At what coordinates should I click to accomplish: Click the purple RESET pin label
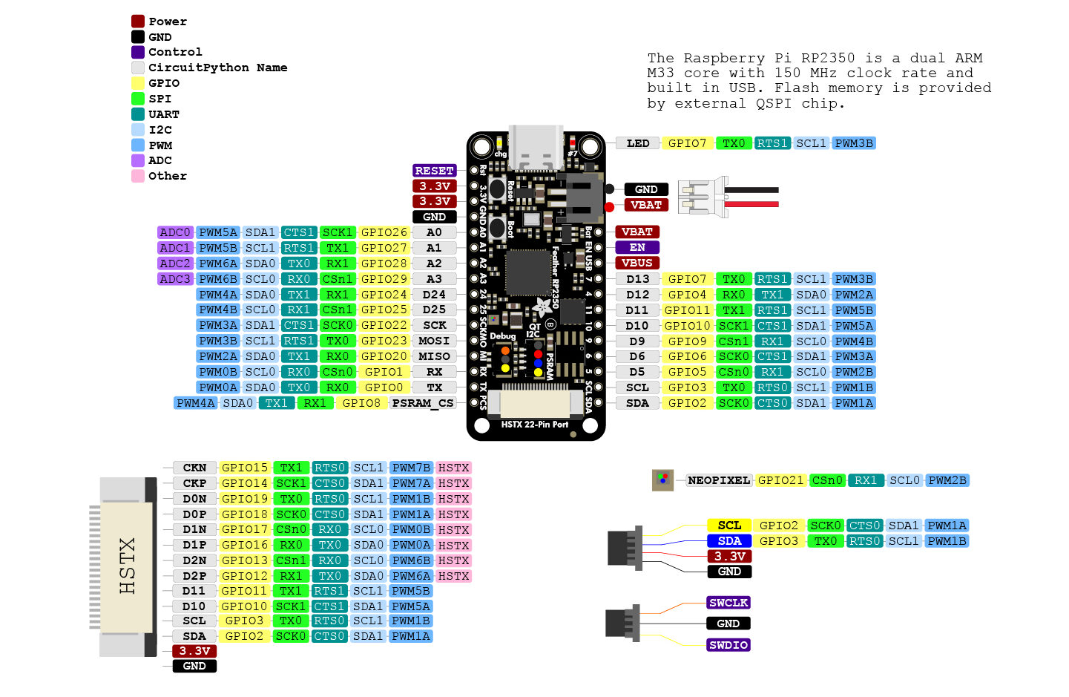[x=434, y=171]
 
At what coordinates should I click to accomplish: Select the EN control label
[x=637, y=247]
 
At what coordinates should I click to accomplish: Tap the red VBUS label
[x=637, y=263]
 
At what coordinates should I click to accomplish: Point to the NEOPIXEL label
[x=719, y=480]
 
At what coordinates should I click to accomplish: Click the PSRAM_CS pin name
[x=423, y=403]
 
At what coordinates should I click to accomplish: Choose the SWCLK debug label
[x=728, y=603]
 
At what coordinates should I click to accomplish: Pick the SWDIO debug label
[x=728, y=645]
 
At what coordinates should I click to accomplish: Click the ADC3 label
[x=175, y=279]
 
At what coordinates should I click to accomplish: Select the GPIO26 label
[x=384, y=232]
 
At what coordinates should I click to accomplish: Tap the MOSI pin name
[x=434, y=341]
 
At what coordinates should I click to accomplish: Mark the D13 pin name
[x=637, y=279]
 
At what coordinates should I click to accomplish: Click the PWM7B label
[x=412, y=468]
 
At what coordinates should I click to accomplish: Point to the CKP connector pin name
[x=194, y=483]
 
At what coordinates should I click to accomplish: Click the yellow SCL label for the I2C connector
[x=729, y=526]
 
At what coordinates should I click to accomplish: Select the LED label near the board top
[x=638, y=143]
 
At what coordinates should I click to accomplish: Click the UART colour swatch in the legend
[x=138, y=114]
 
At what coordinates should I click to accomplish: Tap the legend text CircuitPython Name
[x=218, y=68]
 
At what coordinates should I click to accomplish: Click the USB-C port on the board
[x=536, y=148]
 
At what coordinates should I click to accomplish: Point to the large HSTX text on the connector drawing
[x=128, y=566]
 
